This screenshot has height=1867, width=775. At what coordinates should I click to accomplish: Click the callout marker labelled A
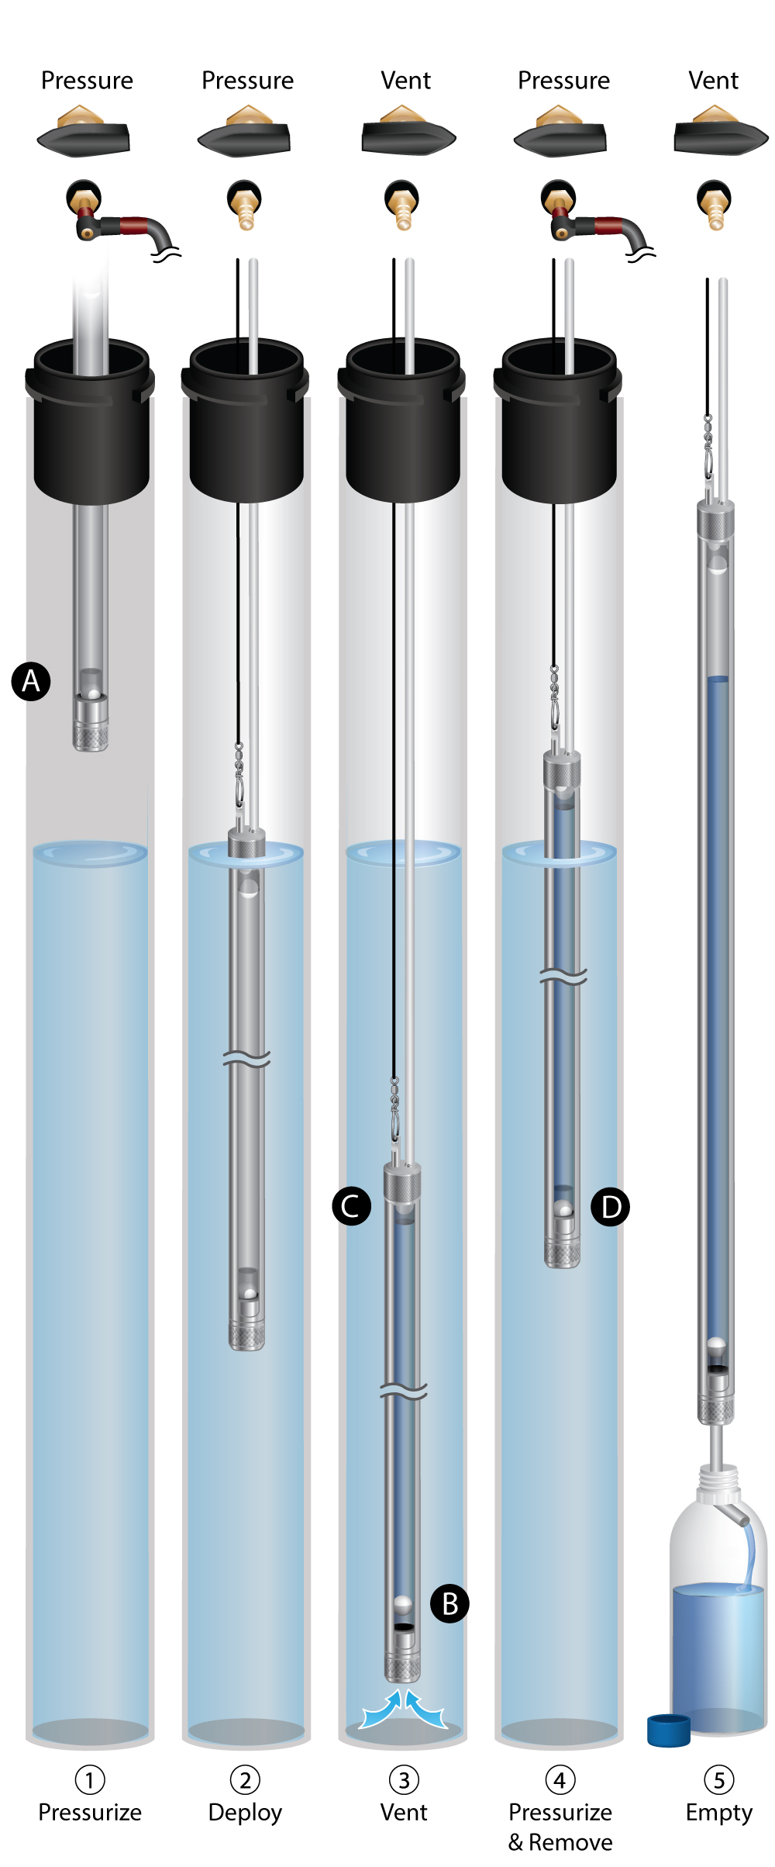pyautogui.click(x=31, y=682)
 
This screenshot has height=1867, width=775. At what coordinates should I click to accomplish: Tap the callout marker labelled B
pyautogui.click(x=450, y=1603)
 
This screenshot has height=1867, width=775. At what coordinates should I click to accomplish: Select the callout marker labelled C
pyautogui.click(x=351, y=1207)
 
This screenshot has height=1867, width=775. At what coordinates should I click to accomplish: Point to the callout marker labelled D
pyautogui.click(x=611, y=1208)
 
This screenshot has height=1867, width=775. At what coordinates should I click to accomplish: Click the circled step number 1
pyautogui.click(x=90, y=1780)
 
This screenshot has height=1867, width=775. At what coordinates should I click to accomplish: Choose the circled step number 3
pyautogui.click(x=404, y=1780)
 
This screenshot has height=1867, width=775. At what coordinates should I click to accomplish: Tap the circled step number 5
pyautogui.click(x=719, y=1780)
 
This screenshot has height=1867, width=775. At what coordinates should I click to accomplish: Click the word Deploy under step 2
pyautogui.click(x=245, y=1813)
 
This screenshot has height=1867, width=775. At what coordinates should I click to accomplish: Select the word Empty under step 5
pyautogui.click(x=719, y=1813)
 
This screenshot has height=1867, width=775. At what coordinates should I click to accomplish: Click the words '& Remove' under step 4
pyautogui.click(x=560, y=1842)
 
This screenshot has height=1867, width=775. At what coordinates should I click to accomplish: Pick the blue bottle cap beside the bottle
pyautogui.click(x=669, y=1730)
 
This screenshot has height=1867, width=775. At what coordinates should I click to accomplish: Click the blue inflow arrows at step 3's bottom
pyautogui.click(x=404, y=1709)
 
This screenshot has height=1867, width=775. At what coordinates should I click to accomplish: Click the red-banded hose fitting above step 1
pyautogui.click(x=124, y=225)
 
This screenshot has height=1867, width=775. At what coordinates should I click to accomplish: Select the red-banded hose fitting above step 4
pyautogui.click(x=598, y=226)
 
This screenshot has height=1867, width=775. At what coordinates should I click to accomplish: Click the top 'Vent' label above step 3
pyautogui.click(x=405, y=81)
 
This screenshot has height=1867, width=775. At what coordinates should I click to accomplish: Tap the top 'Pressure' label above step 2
pyautogui.click(x=247, y=81)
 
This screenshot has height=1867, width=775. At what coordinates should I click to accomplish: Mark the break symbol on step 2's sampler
pyautogui.click(x=246, y=1059)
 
